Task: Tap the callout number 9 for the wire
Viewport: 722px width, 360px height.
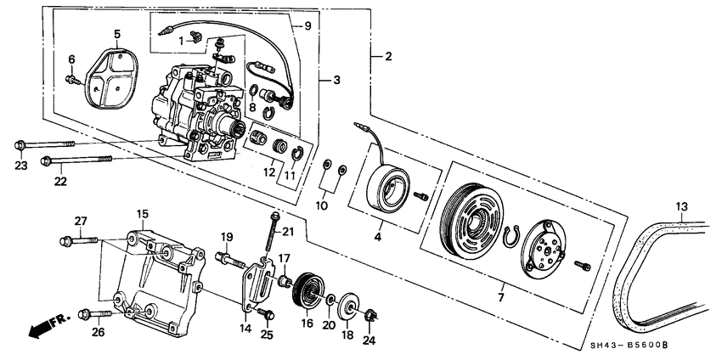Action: point(307,26)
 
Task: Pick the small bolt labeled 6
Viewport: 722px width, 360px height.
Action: point(71,80)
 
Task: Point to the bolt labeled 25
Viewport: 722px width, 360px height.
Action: point(268,315)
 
